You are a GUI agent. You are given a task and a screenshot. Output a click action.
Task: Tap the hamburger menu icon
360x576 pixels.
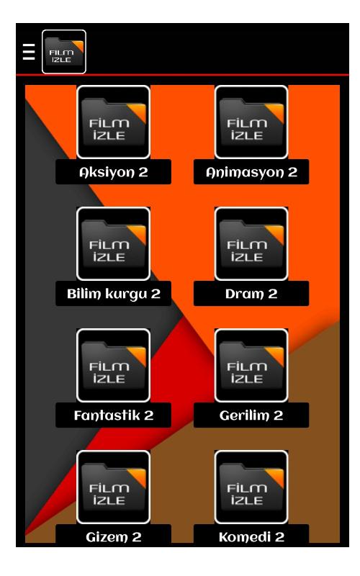29,52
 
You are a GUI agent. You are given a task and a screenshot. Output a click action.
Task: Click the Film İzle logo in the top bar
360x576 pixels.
64,52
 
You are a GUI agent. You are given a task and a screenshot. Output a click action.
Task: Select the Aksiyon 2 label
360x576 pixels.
114,172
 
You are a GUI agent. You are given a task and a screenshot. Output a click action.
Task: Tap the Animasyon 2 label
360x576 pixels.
251,172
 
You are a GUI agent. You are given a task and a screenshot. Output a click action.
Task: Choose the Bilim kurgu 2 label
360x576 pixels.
114,294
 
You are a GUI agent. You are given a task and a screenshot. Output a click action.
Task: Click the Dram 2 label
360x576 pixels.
251,294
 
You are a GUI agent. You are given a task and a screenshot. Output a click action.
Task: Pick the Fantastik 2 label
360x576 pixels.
114,415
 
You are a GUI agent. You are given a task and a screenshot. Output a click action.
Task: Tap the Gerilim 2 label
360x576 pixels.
251,415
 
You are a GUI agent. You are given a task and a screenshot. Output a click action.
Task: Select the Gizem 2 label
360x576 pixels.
114,537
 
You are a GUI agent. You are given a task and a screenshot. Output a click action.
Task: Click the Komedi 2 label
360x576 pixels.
251,537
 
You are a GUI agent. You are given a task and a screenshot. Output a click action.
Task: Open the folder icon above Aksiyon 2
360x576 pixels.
114,122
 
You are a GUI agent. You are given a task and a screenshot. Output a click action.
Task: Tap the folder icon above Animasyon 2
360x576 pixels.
251,122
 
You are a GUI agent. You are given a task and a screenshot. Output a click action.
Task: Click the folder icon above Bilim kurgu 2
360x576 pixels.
114,243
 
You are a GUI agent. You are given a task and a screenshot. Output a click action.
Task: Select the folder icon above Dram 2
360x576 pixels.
251,243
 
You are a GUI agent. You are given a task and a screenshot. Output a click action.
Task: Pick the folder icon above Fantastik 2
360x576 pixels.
114,365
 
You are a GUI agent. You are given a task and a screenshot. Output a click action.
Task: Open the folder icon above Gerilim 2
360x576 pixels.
251,365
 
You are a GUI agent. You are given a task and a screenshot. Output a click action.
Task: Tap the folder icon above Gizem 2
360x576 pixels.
114,487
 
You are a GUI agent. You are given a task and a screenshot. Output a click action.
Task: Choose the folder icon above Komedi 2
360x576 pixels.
251,487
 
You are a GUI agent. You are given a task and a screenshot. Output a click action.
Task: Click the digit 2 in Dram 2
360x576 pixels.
273,294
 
